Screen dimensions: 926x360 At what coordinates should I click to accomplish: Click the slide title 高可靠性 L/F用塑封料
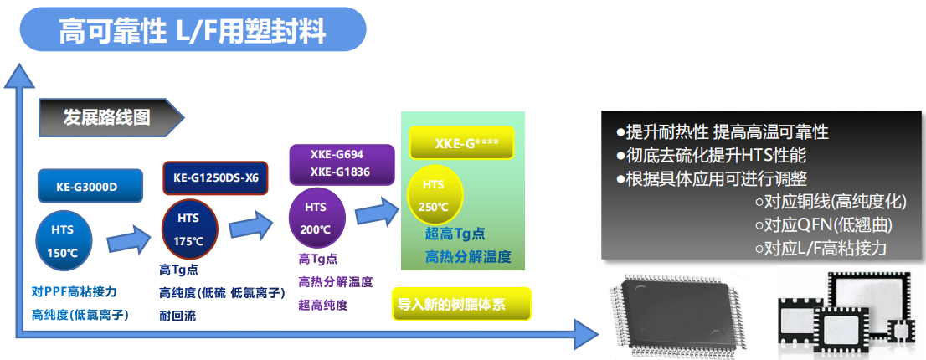pos(193,30)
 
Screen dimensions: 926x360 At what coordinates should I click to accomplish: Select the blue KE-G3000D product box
pos(90,187)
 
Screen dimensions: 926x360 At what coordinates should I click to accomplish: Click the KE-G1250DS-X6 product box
pos(215,177)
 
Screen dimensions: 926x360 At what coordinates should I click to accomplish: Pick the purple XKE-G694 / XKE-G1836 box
pos(342,165)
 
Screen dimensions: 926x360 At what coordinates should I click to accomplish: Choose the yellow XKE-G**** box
pos(462,143)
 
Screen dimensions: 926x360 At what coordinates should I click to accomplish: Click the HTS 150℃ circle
pos(63,241)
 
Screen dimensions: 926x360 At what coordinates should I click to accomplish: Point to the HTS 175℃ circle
pos(189,229)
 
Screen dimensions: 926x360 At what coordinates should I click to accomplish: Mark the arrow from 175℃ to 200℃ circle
pos(251,224)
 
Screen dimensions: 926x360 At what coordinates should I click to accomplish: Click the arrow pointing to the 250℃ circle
pos(378,211)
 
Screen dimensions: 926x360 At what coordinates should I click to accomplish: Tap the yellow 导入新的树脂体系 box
pos(461,305)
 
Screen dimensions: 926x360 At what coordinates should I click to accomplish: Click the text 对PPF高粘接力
pos(75,291)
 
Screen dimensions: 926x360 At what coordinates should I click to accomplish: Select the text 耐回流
pos(177,316)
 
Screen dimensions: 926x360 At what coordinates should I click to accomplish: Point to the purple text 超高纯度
pos(323,305)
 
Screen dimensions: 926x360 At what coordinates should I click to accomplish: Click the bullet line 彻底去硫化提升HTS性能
pos(711,156)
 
